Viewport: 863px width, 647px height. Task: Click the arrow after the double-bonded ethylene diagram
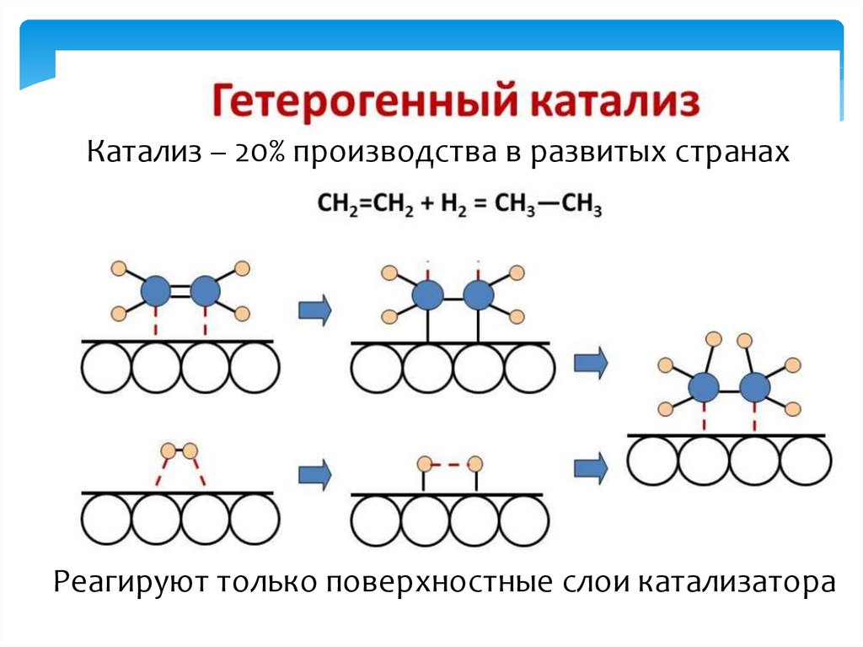(x=314, y=310)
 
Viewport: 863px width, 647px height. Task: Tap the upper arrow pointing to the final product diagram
(x=591, y=363)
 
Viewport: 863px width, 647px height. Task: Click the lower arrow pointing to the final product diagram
(x=591, y=466)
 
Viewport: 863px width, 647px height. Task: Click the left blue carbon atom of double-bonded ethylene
(x=155, y=292)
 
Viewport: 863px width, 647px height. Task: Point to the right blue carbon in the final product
(x=755, y=387)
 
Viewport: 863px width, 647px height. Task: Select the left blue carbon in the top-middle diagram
(x=427, y=295)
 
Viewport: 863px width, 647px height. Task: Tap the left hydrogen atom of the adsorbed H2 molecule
(x=169, y=449)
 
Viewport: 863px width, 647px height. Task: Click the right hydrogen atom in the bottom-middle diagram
(x=476, y=464)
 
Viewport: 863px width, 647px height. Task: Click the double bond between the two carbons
(x=180, y=292)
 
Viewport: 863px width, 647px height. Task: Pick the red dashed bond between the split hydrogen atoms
(x=450, y=464)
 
